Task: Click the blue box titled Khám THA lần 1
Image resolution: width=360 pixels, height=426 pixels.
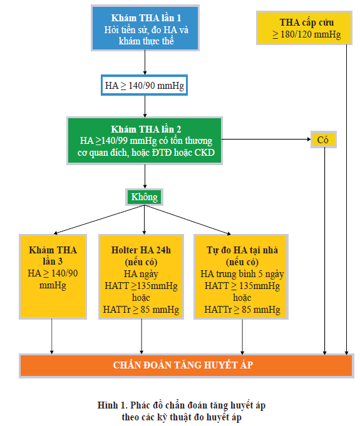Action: pos(145,28)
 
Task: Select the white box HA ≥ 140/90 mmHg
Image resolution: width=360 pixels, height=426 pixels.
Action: pos(145,85)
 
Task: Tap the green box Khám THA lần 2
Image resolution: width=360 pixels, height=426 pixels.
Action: pos(145,141)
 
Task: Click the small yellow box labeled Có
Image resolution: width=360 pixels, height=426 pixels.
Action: pos(324,139)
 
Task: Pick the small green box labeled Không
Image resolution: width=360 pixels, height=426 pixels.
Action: pos(145,197)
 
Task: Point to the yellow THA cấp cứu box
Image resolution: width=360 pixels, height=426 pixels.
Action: pos(304,28)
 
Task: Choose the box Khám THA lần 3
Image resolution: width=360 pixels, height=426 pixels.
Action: pos(53,276)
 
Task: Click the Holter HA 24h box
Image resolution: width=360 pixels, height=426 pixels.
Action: pos(141,276)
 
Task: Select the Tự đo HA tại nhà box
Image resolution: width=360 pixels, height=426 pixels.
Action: pos(241,276)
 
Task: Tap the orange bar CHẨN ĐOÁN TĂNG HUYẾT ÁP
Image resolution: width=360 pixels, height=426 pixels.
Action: pos(187,366)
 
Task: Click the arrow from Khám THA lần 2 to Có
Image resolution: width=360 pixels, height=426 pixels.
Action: pos(266,139)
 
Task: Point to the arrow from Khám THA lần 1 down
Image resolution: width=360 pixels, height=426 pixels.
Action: pos(145,63)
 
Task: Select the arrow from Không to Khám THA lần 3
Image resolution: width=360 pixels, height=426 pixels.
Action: pos(99,220)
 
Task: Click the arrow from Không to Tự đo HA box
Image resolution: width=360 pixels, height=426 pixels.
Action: pos(188,220)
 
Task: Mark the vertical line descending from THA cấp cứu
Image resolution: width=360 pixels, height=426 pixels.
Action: pos(346,200)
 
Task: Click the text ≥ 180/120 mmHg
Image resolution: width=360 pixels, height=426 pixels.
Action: pos(307,34)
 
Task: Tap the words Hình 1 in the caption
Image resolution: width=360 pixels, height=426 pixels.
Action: pos(112,405)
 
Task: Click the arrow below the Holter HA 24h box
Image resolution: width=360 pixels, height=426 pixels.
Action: pos(141,337)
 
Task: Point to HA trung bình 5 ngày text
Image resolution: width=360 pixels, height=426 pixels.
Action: pos(242,274)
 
